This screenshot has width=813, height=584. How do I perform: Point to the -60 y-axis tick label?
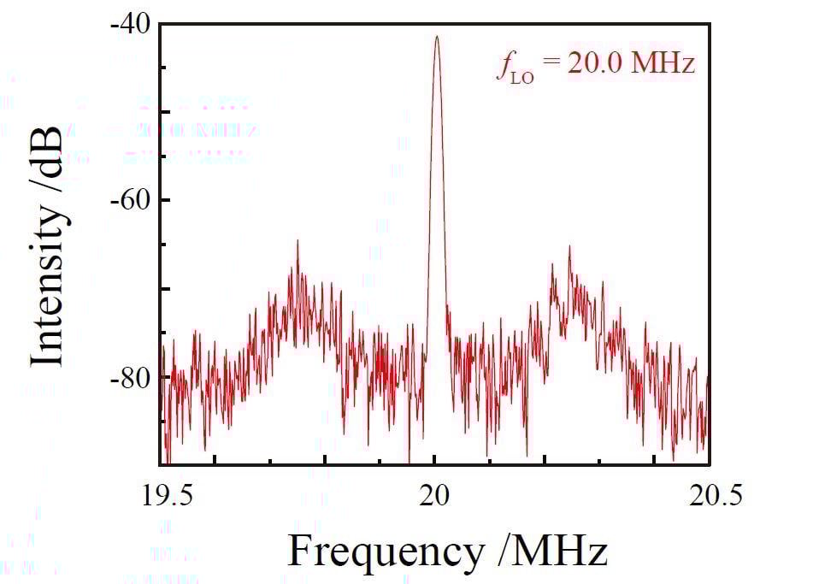129,199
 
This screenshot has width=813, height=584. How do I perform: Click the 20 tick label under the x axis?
434,496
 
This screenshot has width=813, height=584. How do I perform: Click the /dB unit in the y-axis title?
49,159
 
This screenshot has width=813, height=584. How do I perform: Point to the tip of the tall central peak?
436,36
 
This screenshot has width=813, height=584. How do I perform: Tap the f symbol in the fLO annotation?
503,67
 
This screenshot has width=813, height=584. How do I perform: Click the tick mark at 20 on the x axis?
434,460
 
